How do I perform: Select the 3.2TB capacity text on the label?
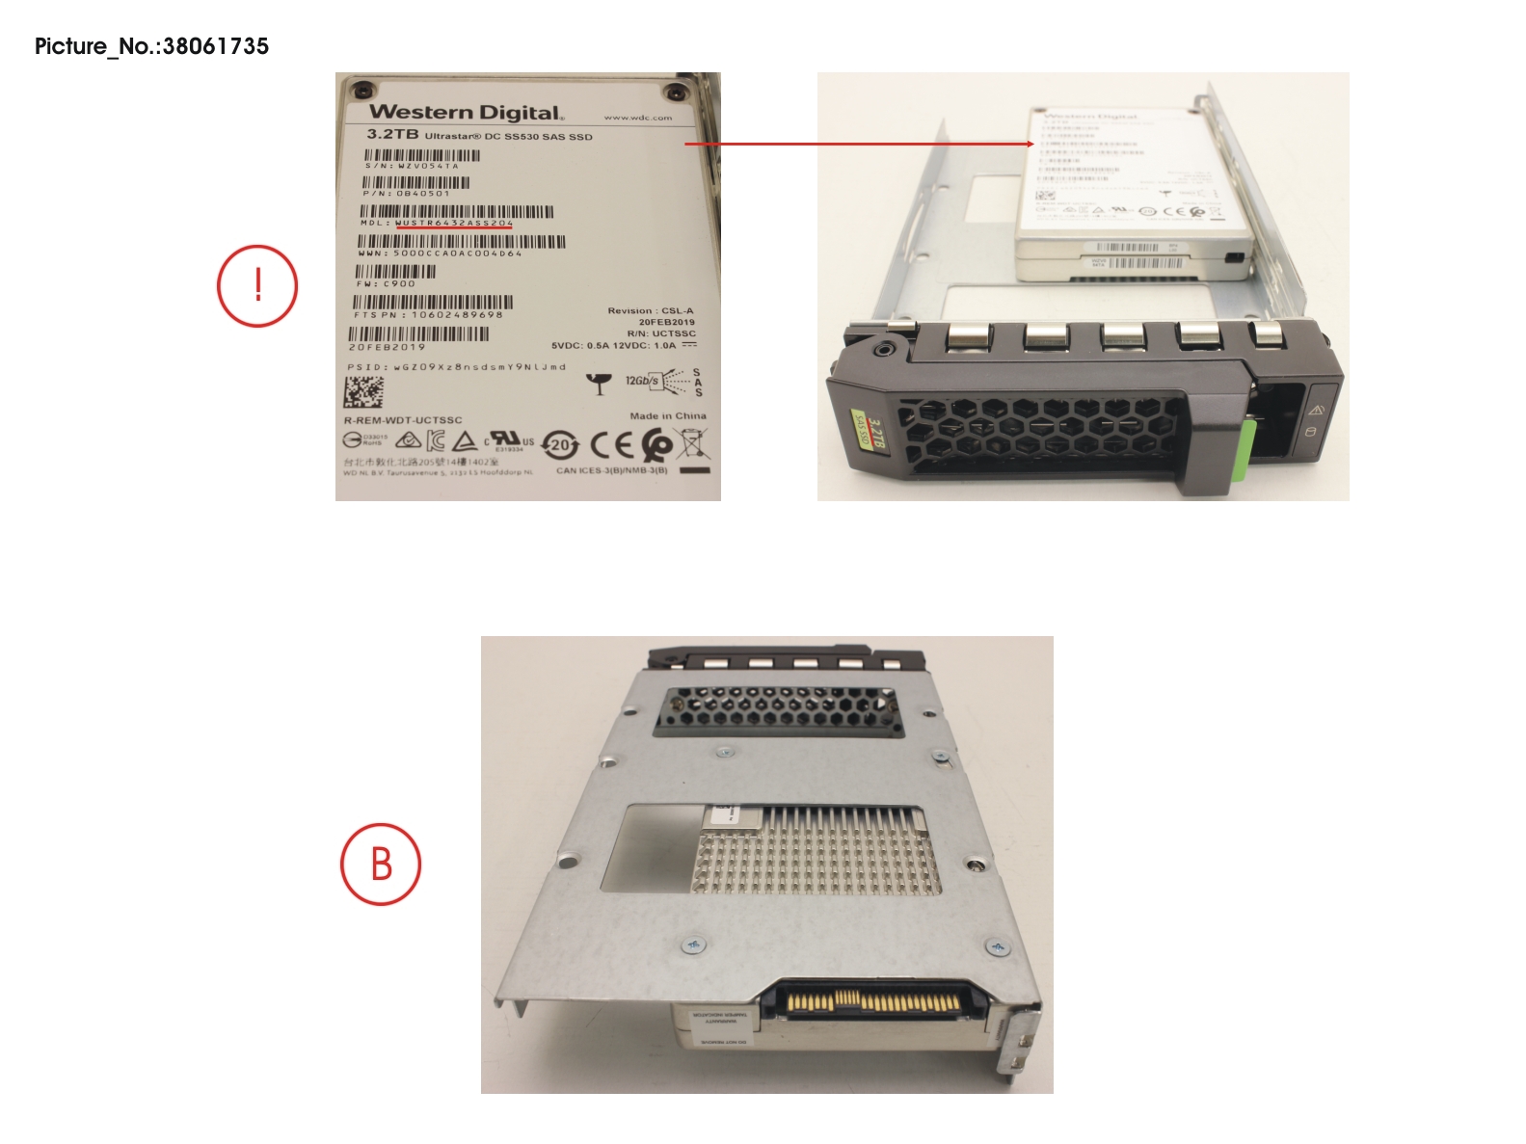[x=392, y=135]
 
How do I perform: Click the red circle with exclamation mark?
[x=257, y=286]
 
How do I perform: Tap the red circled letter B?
[x=381, y=864]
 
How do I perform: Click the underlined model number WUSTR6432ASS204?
[x=454, y=223]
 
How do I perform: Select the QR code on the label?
[x=363, y=392]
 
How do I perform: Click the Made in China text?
[x=667, y=416]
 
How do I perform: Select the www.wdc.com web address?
[x=637, y=118]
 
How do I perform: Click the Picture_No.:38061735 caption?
[x=151, y=46]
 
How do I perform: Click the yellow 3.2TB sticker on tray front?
[x=870, y=430]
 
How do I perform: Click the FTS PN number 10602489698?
[x=457, y=315]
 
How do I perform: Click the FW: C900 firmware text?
[x=386, y=284]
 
